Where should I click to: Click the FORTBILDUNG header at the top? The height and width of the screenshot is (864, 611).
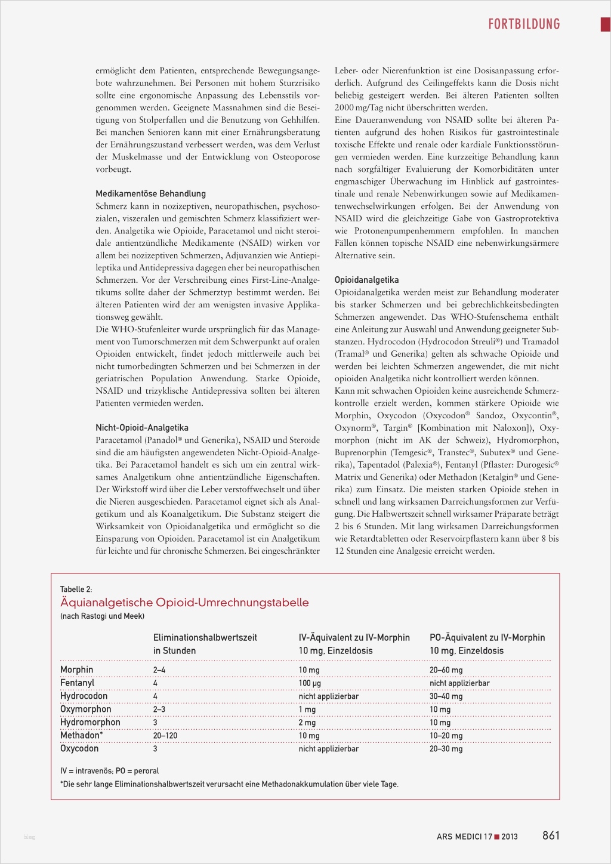coord(524,24)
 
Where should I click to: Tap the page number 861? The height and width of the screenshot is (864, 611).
coord(551,835)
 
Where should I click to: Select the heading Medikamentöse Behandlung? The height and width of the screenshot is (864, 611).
coord(150,194)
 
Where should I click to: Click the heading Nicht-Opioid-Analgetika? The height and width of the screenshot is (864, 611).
coord(142,428)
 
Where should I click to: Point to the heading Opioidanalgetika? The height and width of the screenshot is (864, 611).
coord(366,280)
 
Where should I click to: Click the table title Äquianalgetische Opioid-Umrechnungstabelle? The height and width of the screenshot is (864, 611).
coord(184,603)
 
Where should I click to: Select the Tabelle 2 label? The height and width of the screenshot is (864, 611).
coord(76,590)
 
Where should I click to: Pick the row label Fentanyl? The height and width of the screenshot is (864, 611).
coord(77,683)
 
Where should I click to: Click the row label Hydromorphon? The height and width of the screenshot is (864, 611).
coord(90,723)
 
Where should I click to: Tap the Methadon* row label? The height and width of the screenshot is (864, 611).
coord(81,736)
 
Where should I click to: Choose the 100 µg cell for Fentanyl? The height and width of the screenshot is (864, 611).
coord(310,683)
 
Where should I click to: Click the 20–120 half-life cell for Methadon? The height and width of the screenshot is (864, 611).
coord(165,736)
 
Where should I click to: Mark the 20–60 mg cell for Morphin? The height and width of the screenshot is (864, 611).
coord(446,670)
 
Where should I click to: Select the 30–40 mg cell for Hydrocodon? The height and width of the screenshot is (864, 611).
coord(446,696)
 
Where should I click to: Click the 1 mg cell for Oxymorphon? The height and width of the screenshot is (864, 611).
coord(307,709)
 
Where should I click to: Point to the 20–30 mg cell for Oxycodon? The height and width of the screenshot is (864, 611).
coord(446,749)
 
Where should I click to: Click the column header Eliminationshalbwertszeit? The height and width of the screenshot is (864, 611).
coord(205,638)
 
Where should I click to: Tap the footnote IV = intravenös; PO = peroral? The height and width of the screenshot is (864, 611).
coord(109,771)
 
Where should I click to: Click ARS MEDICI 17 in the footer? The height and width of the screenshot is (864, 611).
coord(464,837)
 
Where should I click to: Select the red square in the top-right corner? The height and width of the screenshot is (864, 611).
coord(605,24)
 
